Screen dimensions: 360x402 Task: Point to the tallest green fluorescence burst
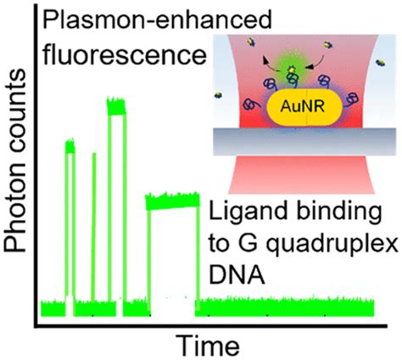pyautogui.click(x=117, y=105)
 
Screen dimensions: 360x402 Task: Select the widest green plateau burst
pyautogui.click(x=172, y=202)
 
